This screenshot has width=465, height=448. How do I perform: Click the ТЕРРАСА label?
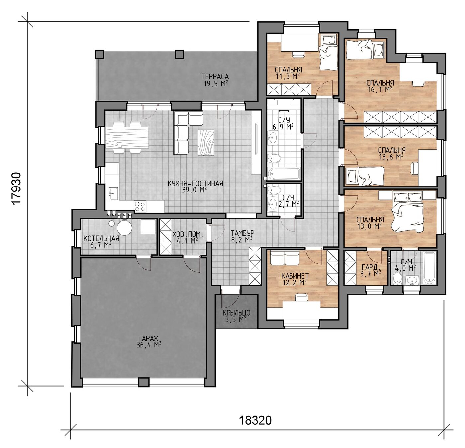coord(215,77)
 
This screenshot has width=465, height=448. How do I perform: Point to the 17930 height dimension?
coord(17,188)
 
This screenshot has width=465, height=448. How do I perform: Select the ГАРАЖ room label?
coord(148,338)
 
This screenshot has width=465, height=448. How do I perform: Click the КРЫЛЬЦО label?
coord(236,313)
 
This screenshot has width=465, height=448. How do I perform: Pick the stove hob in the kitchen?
coord(140,206)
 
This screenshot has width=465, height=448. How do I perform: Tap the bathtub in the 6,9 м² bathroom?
coord(284,174)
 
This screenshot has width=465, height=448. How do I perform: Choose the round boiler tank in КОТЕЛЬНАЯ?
coord(124,228)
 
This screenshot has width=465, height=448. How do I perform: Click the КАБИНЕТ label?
coord(295,276)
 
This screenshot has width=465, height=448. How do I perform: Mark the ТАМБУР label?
coord(243,232)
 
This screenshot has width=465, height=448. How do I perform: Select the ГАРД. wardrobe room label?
coord(371,267)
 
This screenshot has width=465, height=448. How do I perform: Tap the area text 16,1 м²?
coord(380,89)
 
